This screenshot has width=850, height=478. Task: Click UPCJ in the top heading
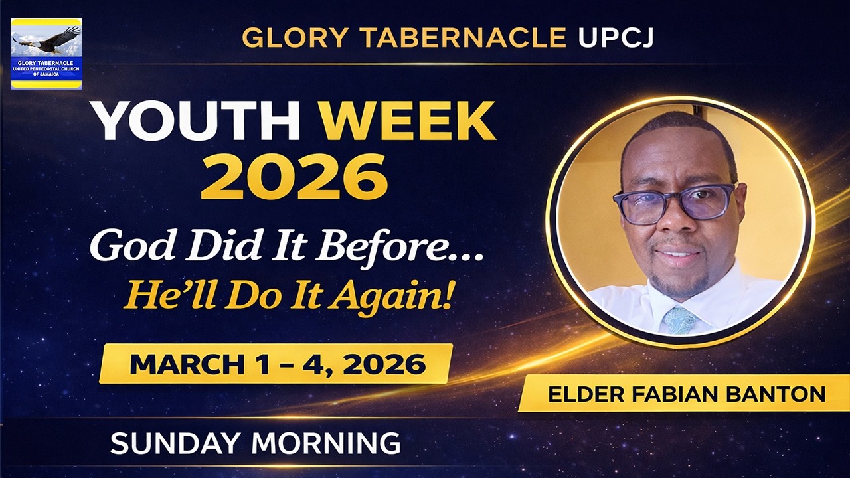(x=616, y=39)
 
